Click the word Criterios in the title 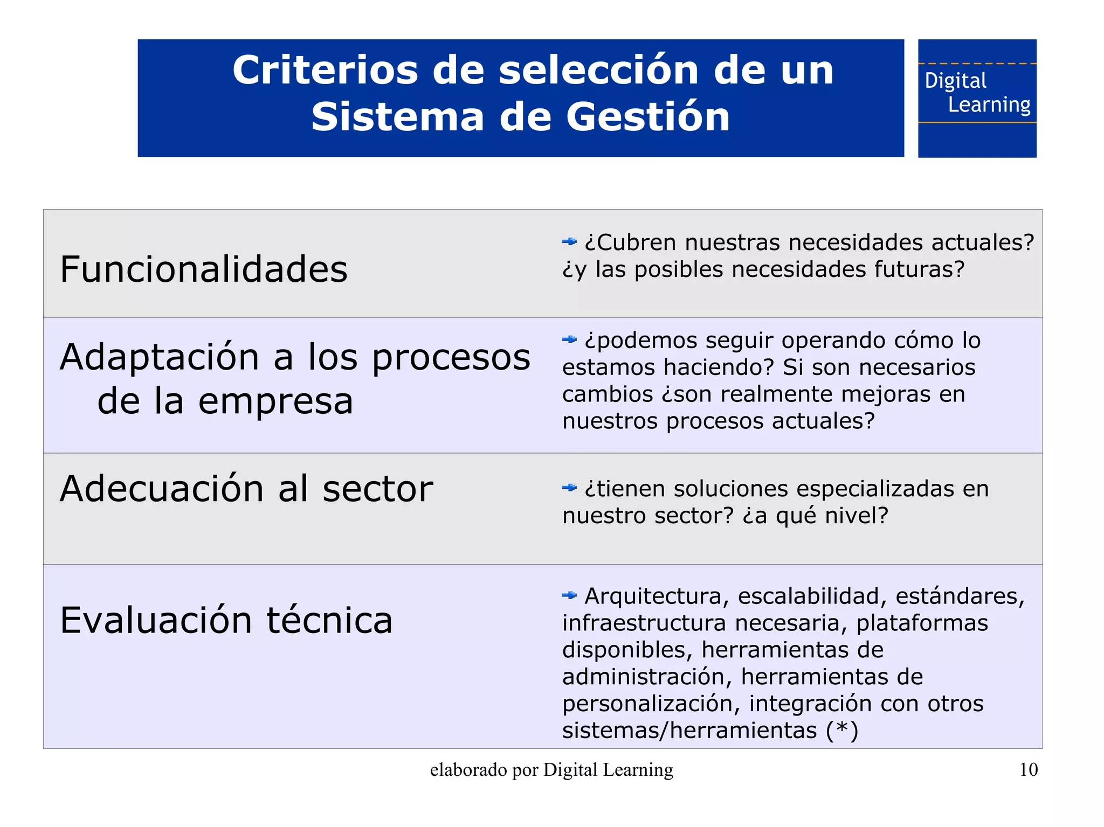pos(325,71)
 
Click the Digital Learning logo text pos(977,93)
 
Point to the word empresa pos(275,401)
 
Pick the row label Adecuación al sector pos(246,489)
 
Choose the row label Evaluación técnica pos(226,620)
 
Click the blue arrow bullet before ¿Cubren pos(569,242)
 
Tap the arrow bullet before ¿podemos pos(569,339)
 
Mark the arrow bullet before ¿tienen pos(569,488)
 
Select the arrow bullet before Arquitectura pos(569,595)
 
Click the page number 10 pos(1029,770)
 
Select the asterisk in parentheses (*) pos(842,729)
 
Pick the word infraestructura pos(644,623)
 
